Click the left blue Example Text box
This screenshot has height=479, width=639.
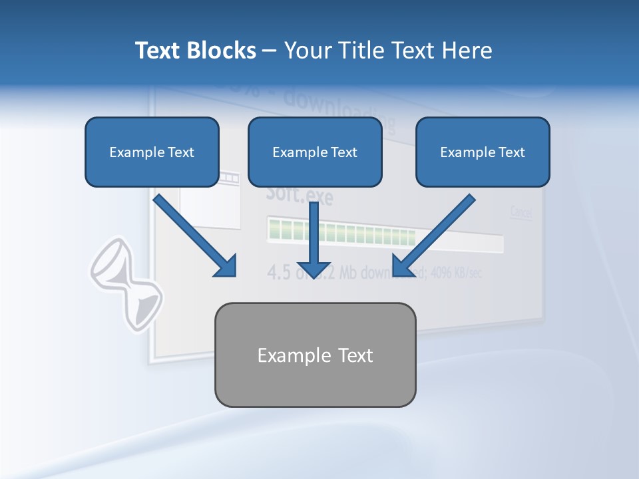pos(152,152)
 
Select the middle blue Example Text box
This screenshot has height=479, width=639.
pos(315,152)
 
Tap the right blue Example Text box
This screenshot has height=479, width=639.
pos(483,152)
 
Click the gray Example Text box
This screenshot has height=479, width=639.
pos(315,355)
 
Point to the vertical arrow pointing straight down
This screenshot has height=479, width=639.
pos(314,233)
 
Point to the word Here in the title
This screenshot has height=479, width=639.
pos(469,51)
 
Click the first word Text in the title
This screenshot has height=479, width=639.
pos(157,51)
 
